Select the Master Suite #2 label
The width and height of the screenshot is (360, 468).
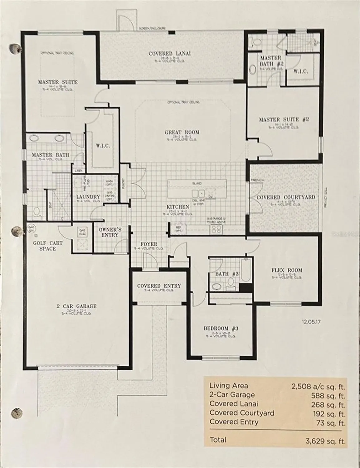click(284, 119)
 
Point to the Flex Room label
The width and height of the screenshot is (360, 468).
click(287, 271)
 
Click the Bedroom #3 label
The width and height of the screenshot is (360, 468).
click(221, 329)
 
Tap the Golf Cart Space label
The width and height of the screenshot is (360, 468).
click(48, 246)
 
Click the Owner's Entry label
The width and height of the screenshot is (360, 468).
click(110, 232)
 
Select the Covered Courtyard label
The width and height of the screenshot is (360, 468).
click(285, 197)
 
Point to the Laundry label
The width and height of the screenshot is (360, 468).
click(88, 197)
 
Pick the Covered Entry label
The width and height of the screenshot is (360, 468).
click(159, 286)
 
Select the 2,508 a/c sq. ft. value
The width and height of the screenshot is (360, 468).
click(318, 387)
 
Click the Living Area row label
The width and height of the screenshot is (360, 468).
click(229, 386)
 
